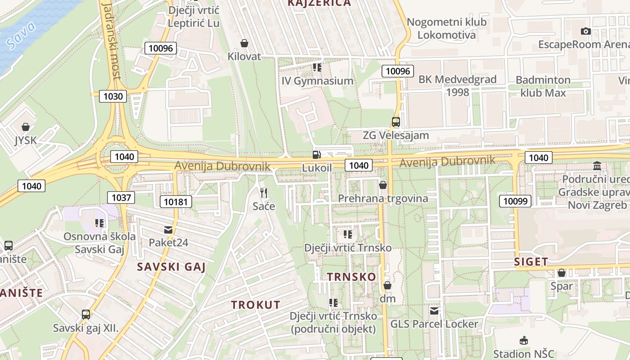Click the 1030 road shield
pos(113,96)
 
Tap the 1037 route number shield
pos(121,197)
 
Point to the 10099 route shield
pos(515,201)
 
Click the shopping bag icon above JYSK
pos(26,127)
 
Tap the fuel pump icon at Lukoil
pos(317,155)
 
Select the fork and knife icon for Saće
pos(264,193)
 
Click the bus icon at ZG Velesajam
pos(396,121)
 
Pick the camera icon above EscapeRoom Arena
pos(585,31)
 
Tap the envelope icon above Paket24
pos(168,230)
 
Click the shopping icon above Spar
pos(562,273)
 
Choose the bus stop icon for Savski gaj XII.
pos(86,315)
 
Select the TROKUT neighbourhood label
pos(256,305)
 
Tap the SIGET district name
pos(531,261)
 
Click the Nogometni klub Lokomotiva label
pos(446,28)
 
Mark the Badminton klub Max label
pos(543,86)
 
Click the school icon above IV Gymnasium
pos(317,67)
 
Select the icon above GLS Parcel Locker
pos(434,310)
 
